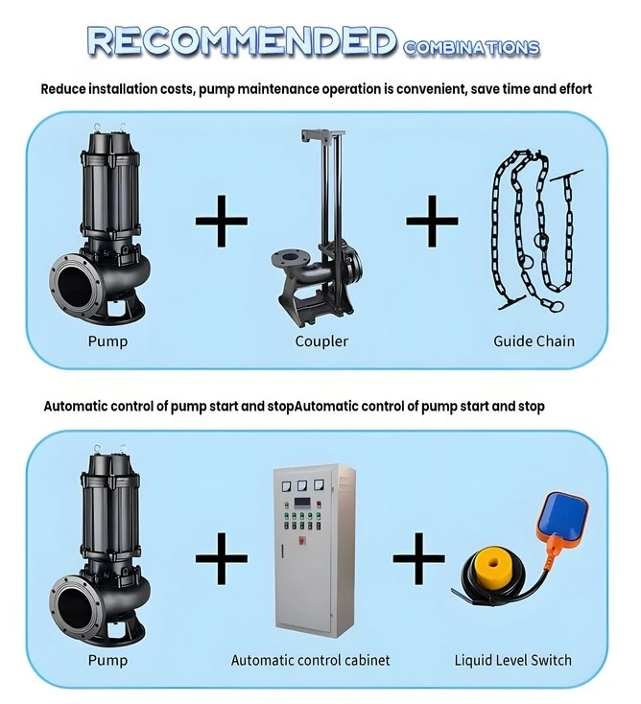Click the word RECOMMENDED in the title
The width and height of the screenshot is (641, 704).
coord(242,41)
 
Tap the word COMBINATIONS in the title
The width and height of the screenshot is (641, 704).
coord(471,48)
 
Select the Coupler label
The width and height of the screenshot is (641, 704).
coord(321,341)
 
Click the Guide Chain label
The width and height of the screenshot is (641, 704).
coord(534,341)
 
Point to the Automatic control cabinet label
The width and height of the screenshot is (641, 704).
coord(310,660)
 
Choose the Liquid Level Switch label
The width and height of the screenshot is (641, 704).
coord(513,660)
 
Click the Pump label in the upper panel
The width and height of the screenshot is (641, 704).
coord(107,341)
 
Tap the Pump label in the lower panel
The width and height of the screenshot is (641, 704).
coord(107,661)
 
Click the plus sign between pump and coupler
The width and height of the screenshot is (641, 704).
coord(221,221)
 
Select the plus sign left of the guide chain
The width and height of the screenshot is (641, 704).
coord(432,221)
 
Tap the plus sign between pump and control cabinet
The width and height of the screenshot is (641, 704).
coord(221,558)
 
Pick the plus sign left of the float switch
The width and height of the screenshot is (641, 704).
coord(418,558)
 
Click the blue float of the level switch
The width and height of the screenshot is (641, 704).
coord(563,515)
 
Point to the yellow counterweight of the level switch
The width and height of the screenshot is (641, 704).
coord(494,562)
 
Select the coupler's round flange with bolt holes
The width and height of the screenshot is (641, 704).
coord(290,259)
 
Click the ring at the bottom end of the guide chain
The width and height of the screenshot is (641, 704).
coord(557,306)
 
